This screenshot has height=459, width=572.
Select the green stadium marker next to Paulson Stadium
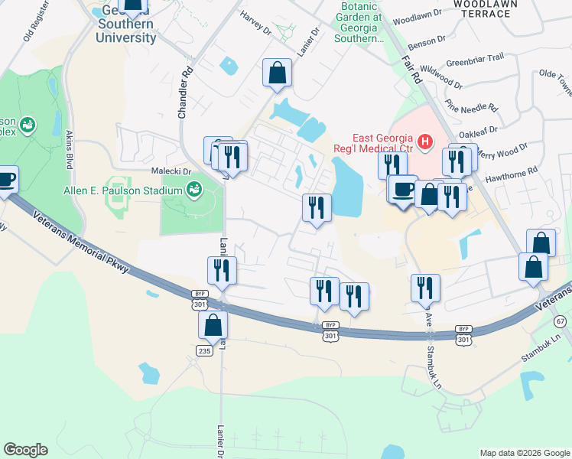tap(194, 188)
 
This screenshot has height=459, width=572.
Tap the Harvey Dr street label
tap(256, 23)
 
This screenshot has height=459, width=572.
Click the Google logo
tap(25, 450)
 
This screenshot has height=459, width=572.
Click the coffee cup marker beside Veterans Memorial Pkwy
tap(6, 180)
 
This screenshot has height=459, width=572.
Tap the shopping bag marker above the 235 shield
tap(213, 324)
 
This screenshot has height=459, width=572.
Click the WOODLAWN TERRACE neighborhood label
tap(485, 8)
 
